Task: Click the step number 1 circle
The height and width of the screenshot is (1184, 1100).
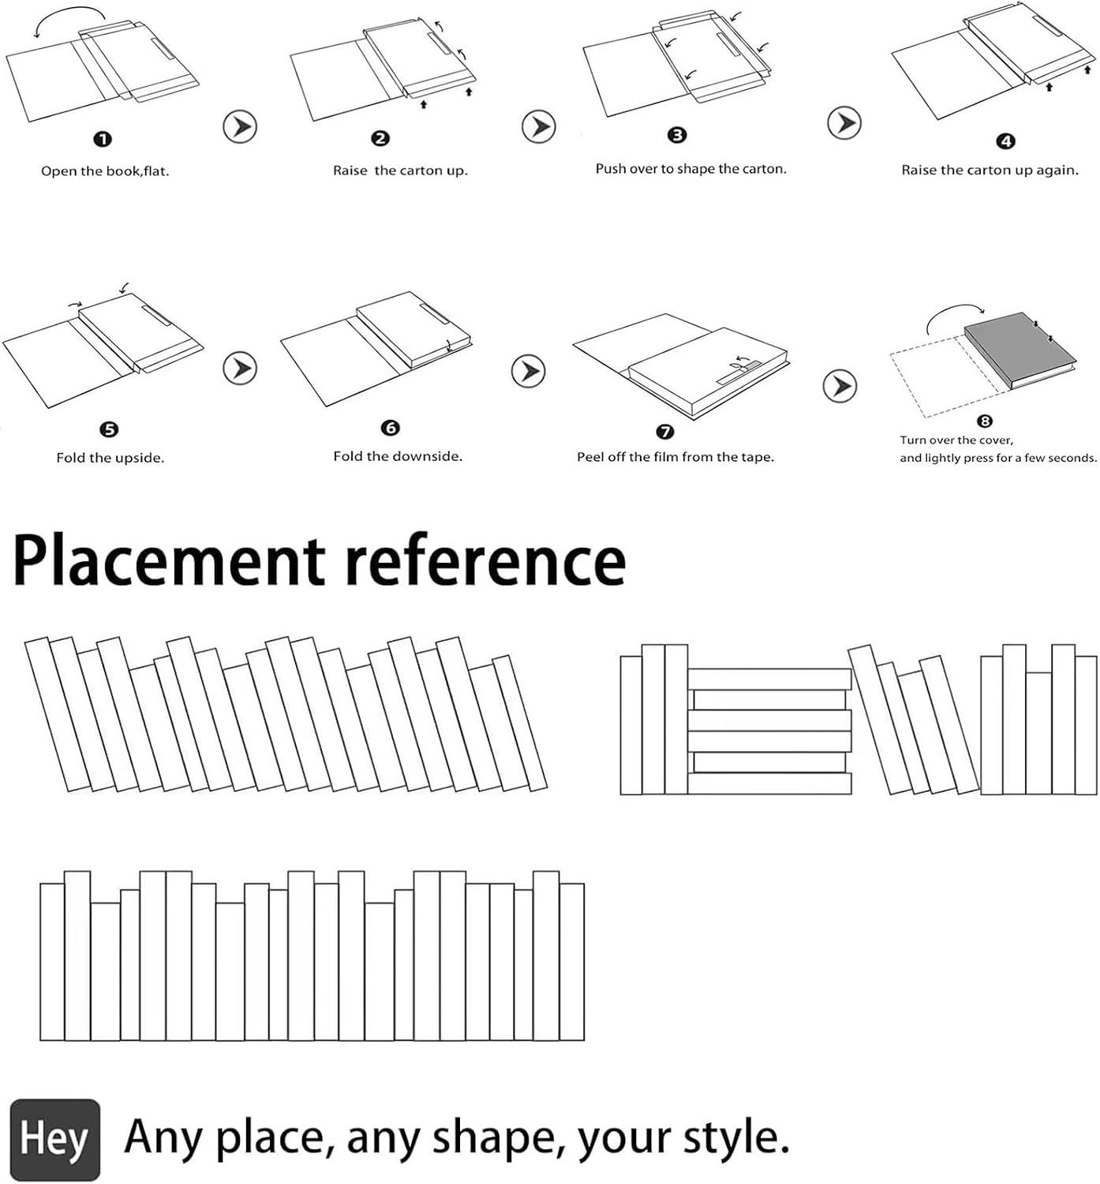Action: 103,140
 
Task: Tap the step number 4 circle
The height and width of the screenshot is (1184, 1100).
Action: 1005,142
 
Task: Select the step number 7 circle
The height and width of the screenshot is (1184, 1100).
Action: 664,432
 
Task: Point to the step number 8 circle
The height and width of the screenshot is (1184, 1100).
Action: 984,421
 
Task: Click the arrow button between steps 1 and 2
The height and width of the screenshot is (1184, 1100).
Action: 240,126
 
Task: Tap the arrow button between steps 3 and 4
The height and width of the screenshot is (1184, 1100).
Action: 844,123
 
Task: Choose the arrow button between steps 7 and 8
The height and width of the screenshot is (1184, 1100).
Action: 840,386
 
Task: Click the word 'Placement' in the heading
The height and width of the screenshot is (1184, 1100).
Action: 169,561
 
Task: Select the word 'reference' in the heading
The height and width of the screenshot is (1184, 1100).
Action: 486,561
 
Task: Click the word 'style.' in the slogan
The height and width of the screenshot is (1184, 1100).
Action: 735,1139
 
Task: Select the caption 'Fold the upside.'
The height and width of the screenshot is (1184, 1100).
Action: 110,458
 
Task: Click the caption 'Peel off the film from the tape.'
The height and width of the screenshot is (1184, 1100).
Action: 675,457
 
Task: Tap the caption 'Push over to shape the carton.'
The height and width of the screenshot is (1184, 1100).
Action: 691,169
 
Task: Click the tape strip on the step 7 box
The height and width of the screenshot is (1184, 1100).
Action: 739,373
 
